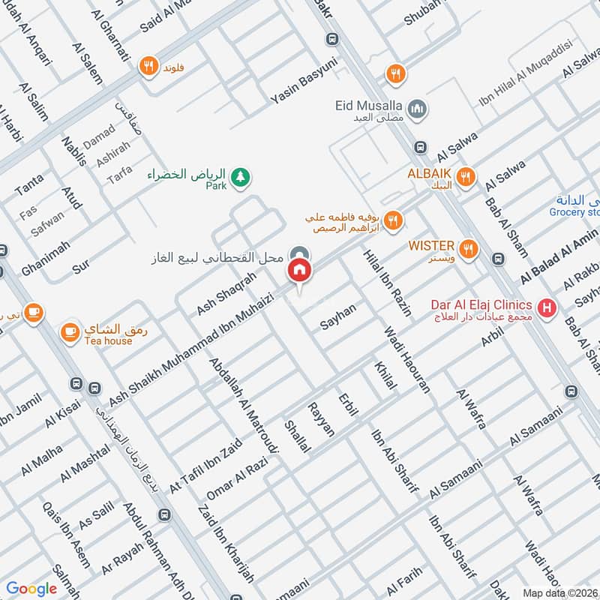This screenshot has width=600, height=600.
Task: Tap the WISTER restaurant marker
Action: (469, 249)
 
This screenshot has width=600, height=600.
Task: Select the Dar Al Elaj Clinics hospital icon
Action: (548, 307)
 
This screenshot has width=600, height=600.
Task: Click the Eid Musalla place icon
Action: (418, 109)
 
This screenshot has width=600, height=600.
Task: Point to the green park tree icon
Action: (241, 178)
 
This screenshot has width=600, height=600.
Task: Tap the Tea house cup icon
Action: (70, 331)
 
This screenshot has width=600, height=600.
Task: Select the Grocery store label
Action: (576, 212)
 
